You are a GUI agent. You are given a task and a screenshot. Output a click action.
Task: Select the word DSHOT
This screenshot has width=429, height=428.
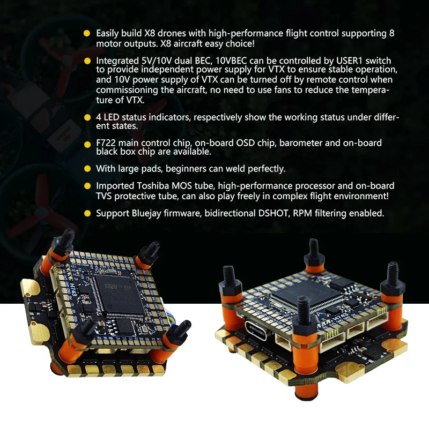(274, 213)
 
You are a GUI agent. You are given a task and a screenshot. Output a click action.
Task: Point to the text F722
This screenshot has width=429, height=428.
(106, 143)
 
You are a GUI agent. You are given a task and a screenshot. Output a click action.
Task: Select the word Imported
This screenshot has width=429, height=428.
(115, 186)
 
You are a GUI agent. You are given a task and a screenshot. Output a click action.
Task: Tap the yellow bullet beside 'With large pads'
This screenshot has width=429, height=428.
(87, 169)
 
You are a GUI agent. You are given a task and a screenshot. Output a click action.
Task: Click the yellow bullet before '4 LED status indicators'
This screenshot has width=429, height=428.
(87, 117)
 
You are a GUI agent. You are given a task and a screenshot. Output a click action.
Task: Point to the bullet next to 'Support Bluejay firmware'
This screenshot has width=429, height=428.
(87, 213)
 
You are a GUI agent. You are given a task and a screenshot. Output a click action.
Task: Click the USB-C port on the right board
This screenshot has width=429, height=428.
(256, 330)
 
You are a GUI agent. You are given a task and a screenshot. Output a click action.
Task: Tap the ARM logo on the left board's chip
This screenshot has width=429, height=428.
(113, 287)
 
